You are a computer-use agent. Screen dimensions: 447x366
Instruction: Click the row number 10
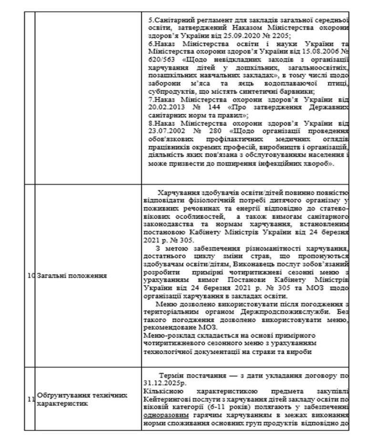pos(30,275)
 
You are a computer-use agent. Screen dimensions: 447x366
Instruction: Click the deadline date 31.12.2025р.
pos(165,383)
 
